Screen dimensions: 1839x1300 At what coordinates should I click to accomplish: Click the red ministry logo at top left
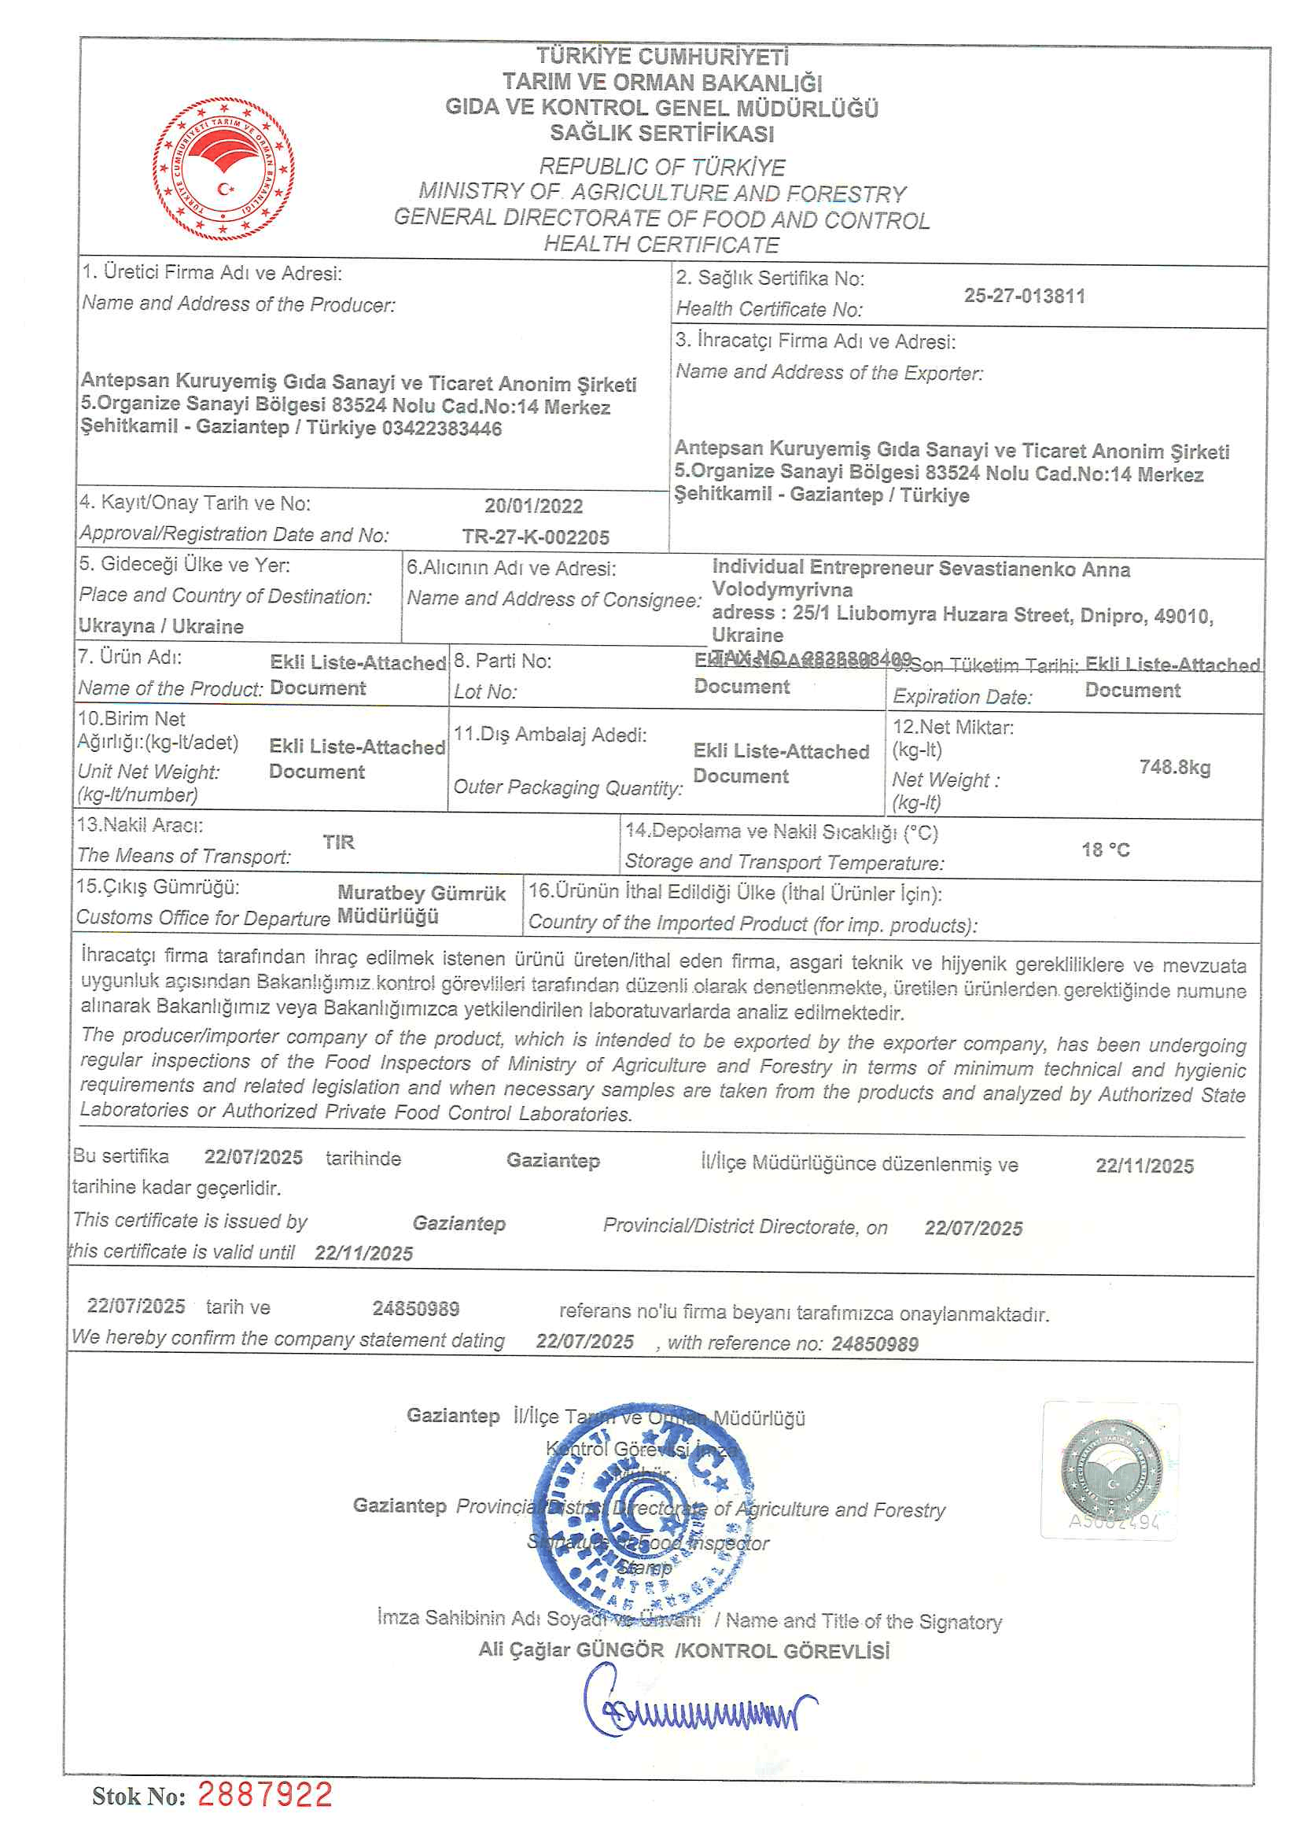[x=223, y=168]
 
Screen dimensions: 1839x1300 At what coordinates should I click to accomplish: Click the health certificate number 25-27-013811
[x=1024, y=296]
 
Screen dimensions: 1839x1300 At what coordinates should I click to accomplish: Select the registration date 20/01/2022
[x=533, y=507]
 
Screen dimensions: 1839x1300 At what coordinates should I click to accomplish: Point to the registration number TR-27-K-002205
[x=535, y=536]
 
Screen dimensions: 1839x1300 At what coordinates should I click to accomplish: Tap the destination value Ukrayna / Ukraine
[x=161, y=626]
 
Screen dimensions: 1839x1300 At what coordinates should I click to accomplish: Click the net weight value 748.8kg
[x=1174, y=768]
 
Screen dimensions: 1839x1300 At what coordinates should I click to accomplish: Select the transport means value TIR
[x=338, y=842]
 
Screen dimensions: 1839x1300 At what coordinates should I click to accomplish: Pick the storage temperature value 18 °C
[x=1106, y=849]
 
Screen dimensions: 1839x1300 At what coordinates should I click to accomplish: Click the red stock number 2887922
[x=265, y=1795]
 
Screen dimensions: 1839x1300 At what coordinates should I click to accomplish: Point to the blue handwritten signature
[x=697, y=1706]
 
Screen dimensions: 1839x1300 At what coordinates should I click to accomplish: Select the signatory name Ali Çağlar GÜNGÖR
[x=571, y=1650]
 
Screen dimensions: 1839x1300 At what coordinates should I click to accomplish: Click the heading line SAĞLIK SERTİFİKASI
[x=661, y=133]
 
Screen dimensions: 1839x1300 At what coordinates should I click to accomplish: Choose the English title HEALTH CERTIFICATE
[x=661, y=245]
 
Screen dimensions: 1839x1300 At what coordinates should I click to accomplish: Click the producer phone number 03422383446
[x=441, y=429]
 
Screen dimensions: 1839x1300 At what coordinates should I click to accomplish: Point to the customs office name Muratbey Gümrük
[x=422, y=893]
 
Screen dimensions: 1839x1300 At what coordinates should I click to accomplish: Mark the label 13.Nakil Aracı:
[x=140, y=825]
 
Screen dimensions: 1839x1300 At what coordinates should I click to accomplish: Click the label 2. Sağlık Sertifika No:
[x=770, y=278]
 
